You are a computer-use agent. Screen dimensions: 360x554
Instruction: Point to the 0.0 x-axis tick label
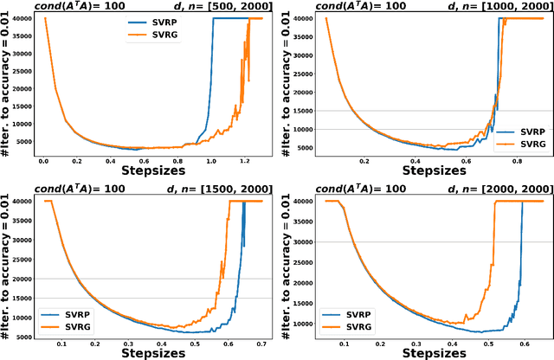coord(43,161)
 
